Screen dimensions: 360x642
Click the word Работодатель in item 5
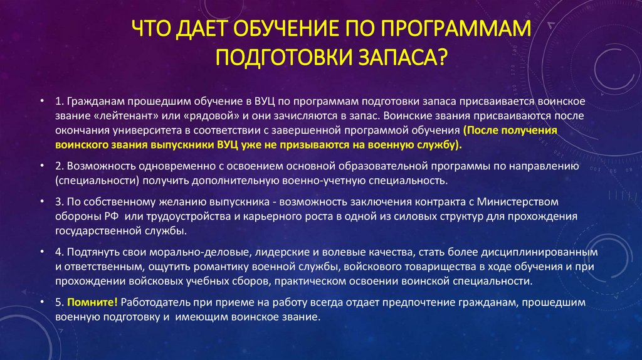(x=152, y=302)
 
